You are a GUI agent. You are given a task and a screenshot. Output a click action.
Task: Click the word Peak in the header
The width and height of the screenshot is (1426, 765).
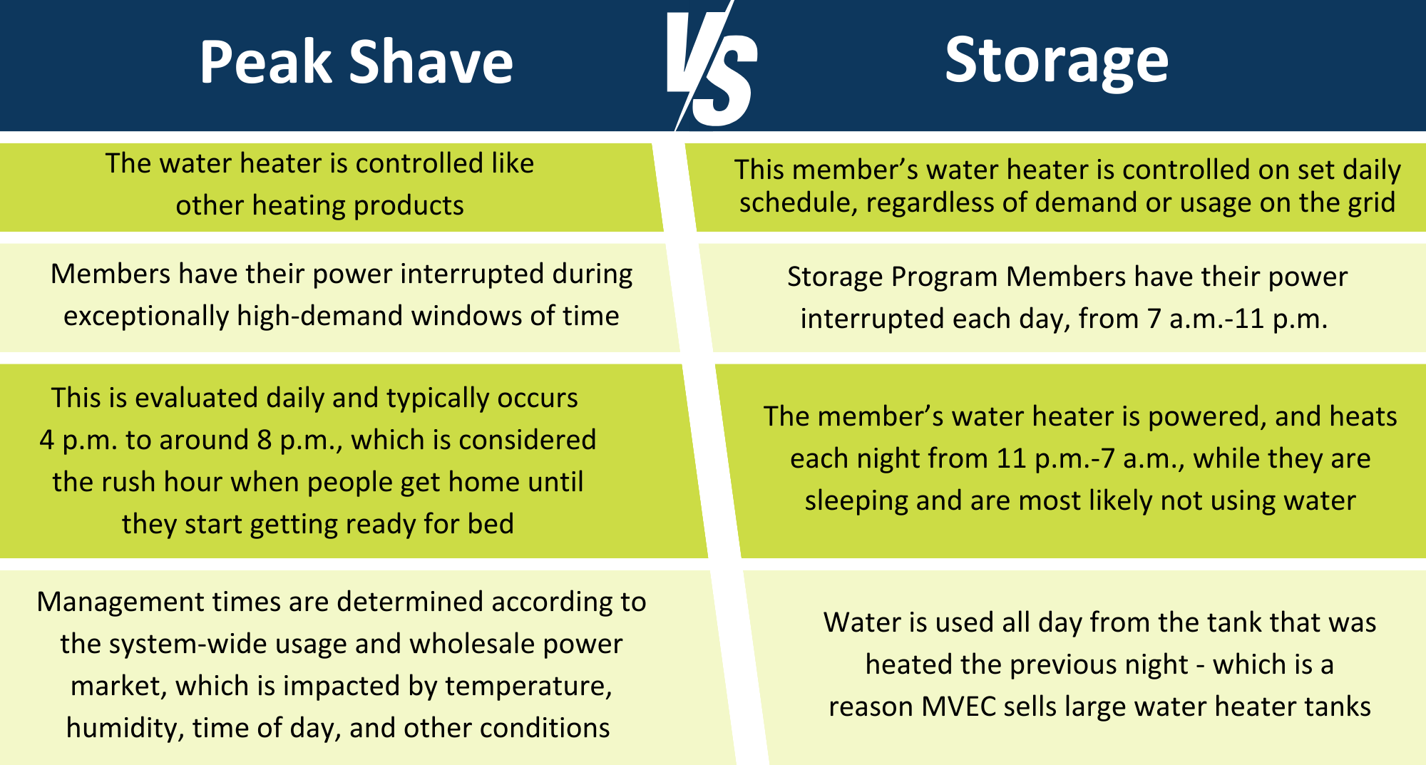point(266,63)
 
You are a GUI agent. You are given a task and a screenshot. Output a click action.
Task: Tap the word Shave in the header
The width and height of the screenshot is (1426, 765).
point(431,63)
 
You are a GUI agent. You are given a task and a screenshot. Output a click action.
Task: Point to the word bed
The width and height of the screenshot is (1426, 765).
point(491,524)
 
